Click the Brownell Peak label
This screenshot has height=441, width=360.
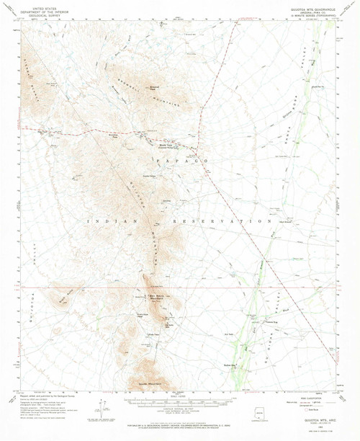point(154,88)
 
